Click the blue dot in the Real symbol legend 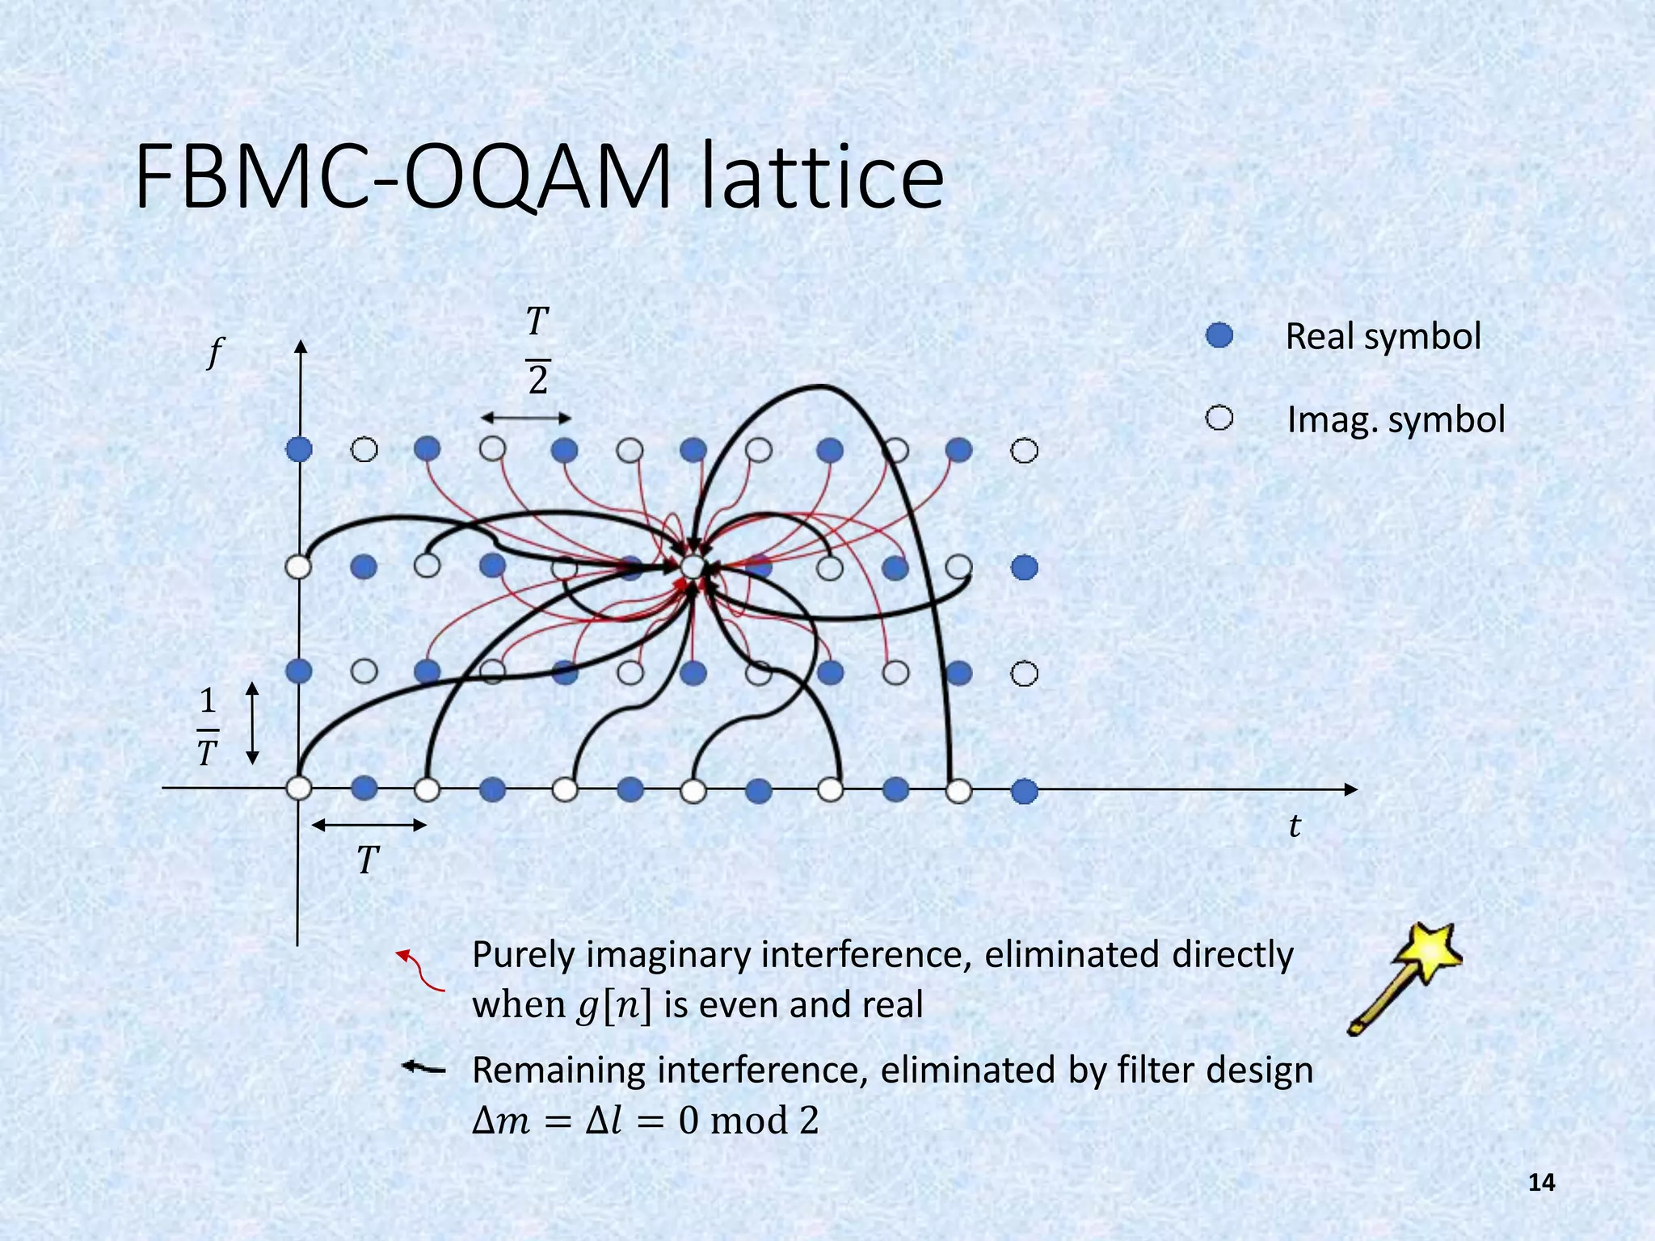tap(1219, 335)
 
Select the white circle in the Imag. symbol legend tap(1219, 419)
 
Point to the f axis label tap(214, 352)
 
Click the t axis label tap(1294, 826)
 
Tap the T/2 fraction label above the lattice tap(537, 351)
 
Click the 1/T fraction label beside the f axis tap(208, 726)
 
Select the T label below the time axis tap(368, 860)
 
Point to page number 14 tap(1541, 1183)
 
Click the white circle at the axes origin tap(299, 788)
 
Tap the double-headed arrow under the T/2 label tap(526, 418)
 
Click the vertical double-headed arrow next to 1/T tap(252, 723)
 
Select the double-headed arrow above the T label tap(368, 825)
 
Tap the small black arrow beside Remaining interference tap(423, 1068)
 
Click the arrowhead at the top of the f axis tap(301, 347)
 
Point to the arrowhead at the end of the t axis tap(1350, 789)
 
